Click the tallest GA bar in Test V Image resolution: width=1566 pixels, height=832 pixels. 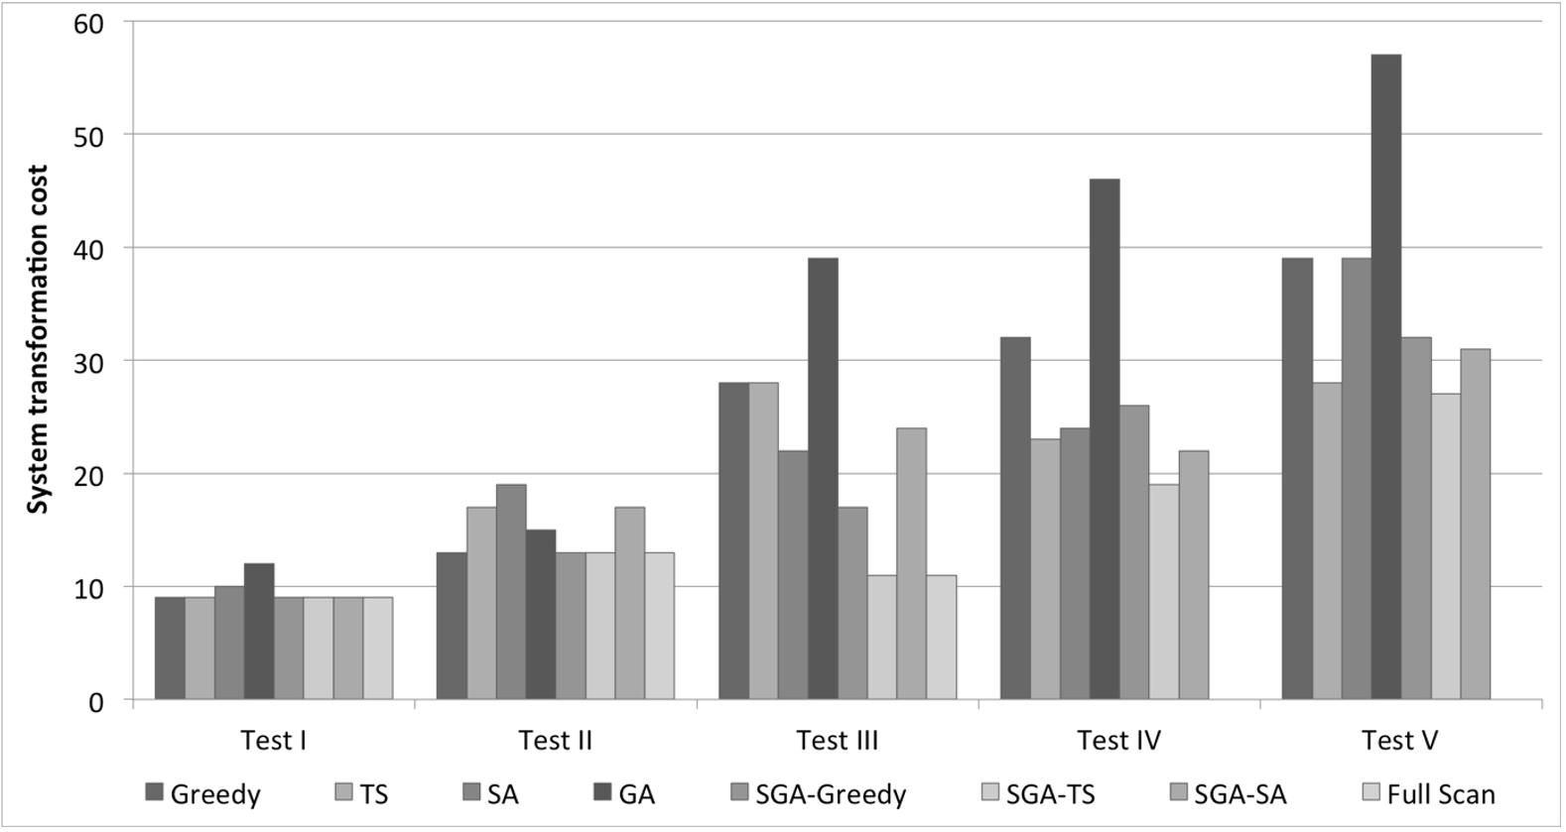click(1386, 377)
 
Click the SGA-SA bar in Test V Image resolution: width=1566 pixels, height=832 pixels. click(1475, 525)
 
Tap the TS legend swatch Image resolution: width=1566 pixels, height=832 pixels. click(342, 792)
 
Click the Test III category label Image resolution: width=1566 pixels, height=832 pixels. click(837, 741)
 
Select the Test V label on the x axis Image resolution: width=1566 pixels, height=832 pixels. click(1399, 741)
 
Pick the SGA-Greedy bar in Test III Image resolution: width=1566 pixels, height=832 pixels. click(852, 604)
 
